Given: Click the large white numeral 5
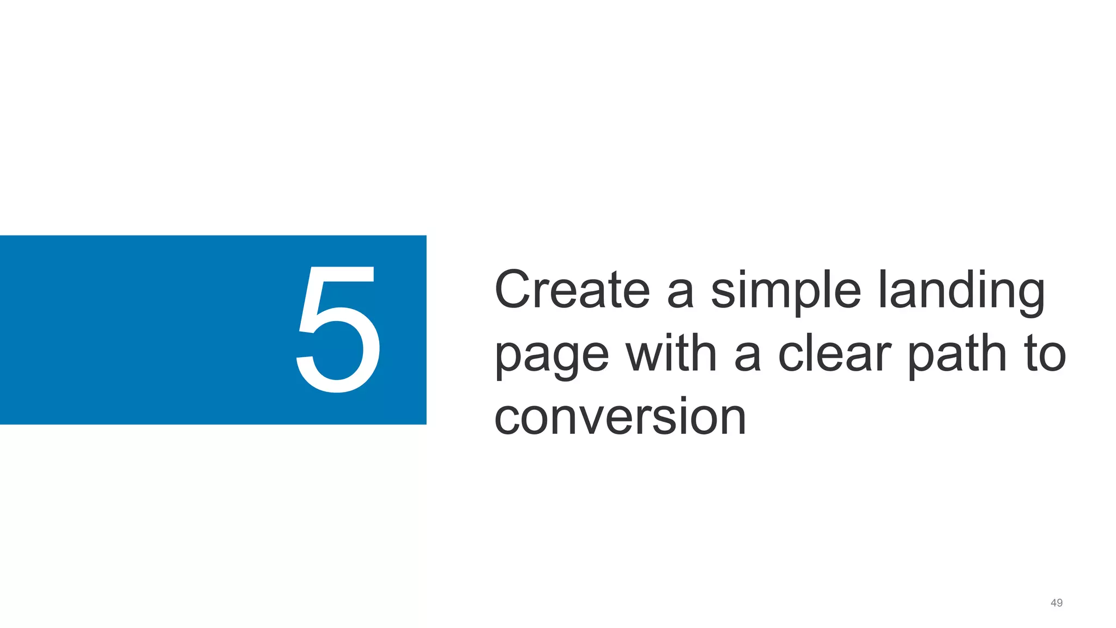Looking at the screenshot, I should pos(338,329).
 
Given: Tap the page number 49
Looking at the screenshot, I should pos(1056,603).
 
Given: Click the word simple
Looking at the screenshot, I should pos(785,291).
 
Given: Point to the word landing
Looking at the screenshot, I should pos(961,291).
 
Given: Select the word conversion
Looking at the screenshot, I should pos(620,417).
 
